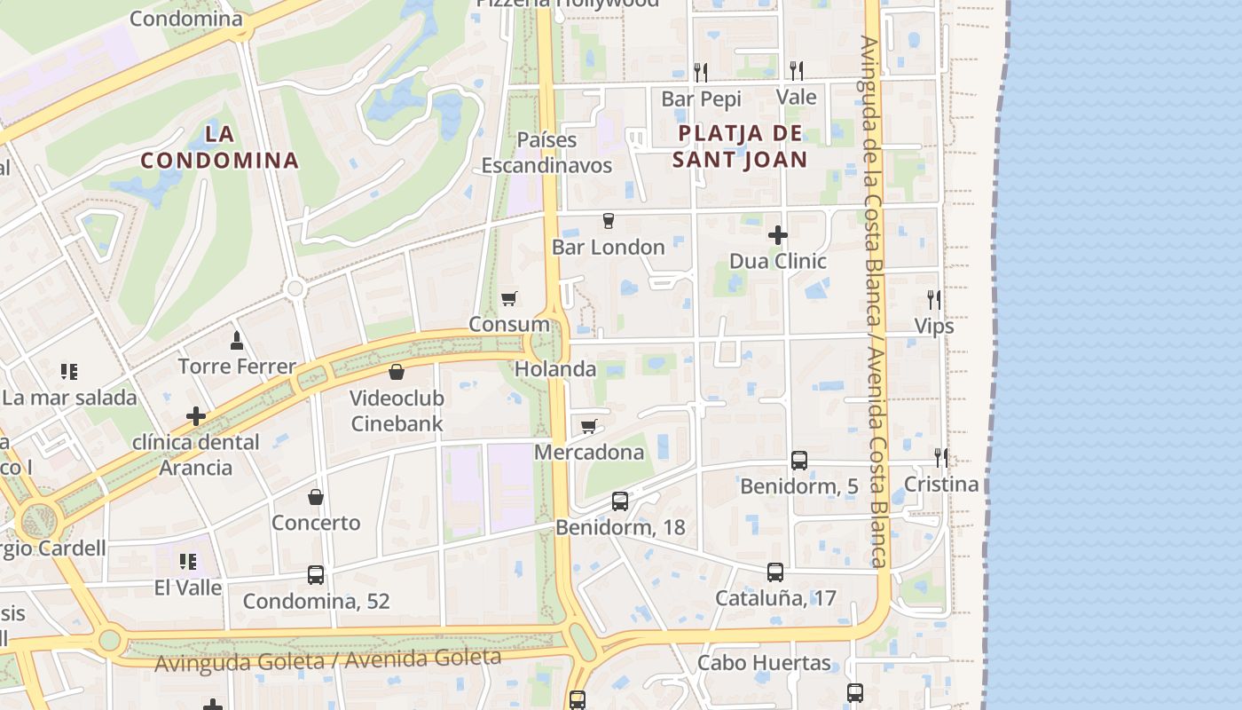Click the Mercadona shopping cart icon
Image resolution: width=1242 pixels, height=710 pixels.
click(588, 427)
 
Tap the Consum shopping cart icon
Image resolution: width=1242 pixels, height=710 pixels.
click(508, 299)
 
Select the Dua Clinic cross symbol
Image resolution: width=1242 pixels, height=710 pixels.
click(778, 235)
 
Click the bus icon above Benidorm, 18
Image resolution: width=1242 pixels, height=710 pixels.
click(620, 501)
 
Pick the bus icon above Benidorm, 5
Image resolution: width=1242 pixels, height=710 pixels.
click(799, 461)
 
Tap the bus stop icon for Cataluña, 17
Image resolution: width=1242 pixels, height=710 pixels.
click(775, 572)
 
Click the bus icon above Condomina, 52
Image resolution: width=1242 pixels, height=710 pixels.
click(316, 575)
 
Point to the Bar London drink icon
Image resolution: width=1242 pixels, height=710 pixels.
click(609, 221)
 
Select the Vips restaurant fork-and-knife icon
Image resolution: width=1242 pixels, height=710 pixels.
click(933, 300)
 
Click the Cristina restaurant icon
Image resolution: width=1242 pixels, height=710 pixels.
click(940, 458)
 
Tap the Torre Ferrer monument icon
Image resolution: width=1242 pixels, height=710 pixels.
click(237, 340)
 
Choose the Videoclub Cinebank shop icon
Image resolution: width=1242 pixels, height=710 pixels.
click(397, 372)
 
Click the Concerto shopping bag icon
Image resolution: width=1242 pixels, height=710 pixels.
click(316, 497)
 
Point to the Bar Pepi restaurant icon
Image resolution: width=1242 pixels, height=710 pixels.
click(701, 72)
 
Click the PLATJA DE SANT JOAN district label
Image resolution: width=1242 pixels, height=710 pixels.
click(740, 146)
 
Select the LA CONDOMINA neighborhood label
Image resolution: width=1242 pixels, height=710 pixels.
click(219, 147)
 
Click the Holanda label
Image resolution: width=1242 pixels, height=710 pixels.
click(555, 369)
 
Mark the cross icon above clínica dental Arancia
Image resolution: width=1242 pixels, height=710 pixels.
click(196, 415)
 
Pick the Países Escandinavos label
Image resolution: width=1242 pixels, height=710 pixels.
click(547, 153)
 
